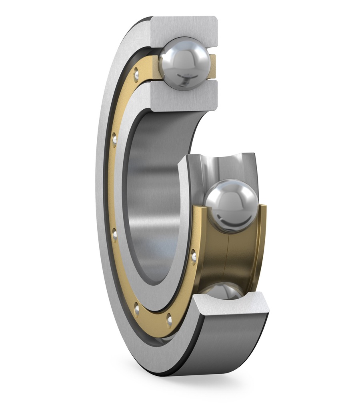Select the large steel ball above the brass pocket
pyautogui.click(x=231, y=206)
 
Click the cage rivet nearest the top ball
pyautogui.click(x=136, y=74)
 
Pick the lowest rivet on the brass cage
pyautogui.click(x=169, y=320)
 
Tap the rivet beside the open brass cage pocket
pyautogui.click(x=193, y=257)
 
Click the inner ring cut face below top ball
pyautogui.click(x=184, y=96)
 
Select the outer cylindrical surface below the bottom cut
pyautogui.click(x=228, y=344)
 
